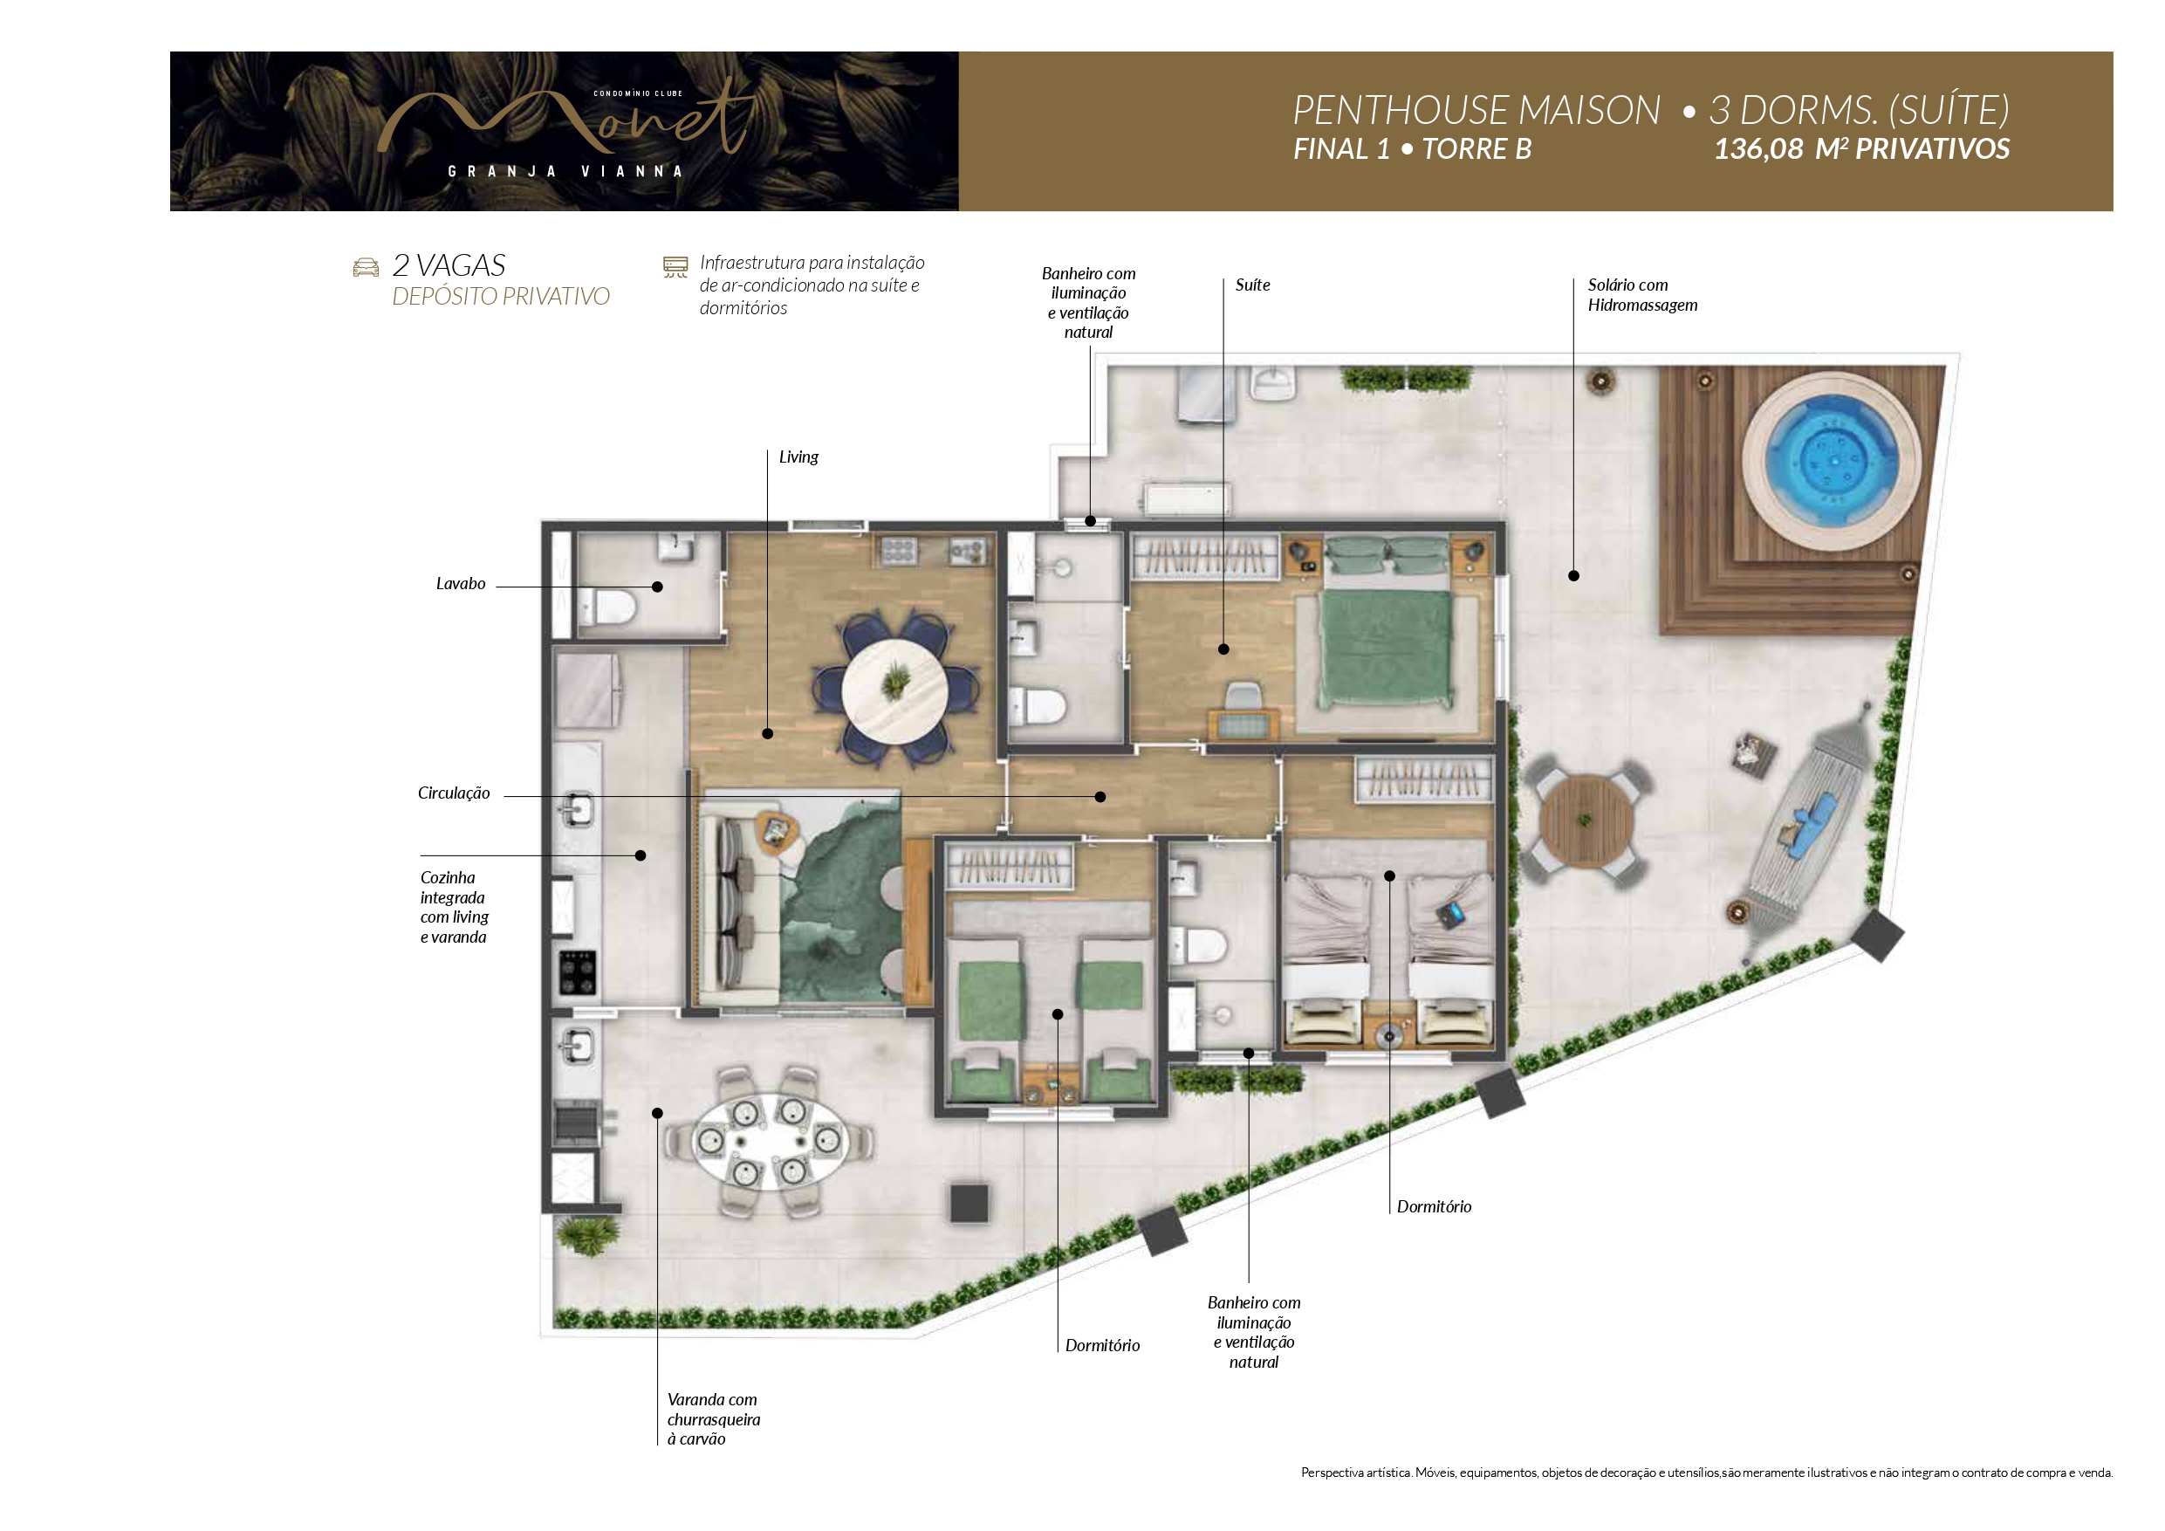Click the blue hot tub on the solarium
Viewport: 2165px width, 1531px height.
click(1831, 459)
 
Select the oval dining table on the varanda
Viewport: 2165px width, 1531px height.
click(770, 1142)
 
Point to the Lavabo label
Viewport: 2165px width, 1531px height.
click(460, 584)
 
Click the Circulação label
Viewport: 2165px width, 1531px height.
click(454, 793)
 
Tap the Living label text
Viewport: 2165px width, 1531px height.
click(798, 457)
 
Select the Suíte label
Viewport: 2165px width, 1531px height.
click(1252, 285)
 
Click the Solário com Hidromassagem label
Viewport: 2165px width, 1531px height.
click(1641, 294)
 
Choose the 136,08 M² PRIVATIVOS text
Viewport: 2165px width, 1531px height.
click(1861, 149)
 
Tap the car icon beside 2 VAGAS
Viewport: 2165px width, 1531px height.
click(366, 268)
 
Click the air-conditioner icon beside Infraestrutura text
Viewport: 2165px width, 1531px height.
click(675, 267)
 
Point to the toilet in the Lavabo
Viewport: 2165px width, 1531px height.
click(607, 607)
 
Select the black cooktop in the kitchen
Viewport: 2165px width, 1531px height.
click(578, 972)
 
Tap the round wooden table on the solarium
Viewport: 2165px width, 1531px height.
click(1587, 820)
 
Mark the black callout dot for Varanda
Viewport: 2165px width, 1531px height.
click(657, 1113)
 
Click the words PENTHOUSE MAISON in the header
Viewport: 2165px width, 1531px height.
click(1476, 110)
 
